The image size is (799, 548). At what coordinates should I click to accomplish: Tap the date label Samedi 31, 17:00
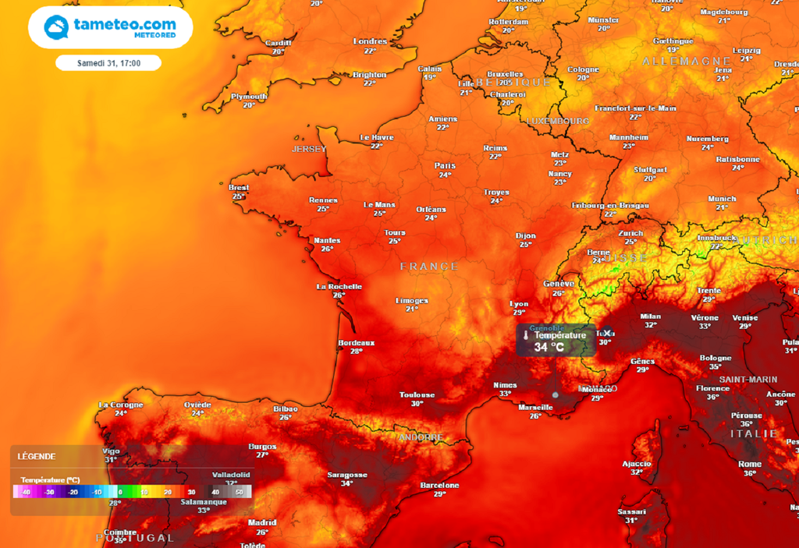(x=108, y=63)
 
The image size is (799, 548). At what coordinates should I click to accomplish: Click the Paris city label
(x=444, y=165)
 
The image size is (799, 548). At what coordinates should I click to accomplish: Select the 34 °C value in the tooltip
(x=549, y=347)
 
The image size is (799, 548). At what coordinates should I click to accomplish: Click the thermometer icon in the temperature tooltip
(x=526, y=336)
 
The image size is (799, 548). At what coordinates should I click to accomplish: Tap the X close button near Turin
(x=607, y=333)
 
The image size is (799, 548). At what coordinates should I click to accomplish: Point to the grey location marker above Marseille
(x=555, y=395)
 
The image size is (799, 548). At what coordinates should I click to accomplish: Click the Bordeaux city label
(x=356, y=342)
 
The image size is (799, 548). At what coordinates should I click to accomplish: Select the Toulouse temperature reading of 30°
(x=417, y=404)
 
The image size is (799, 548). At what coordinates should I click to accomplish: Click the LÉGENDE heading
(x=37, y=456)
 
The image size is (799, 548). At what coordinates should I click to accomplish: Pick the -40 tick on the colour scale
(x=26, y=493)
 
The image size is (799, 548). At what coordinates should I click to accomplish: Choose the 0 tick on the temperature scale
(x=120, y=493)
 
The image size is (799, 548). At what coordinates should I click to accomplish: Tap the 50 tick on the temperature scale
(x=239, y=493)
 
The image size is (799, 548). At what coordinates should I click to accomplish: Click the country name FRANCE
(x=429, y=267)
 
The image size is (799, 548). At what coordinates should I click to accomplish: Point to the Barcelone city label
(x=439, y=485)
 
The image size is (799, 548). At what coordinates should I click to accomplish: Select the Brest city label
(x=239, y=188)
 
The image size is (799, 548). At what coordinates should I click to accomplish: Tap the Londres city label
(x=370, y=41)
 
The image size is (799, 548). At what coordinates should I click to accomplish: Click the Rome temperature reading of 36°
(x=750, y=473)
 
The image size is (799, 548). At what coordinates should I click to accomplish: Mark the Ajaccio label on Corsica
(x=637, y=463)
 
